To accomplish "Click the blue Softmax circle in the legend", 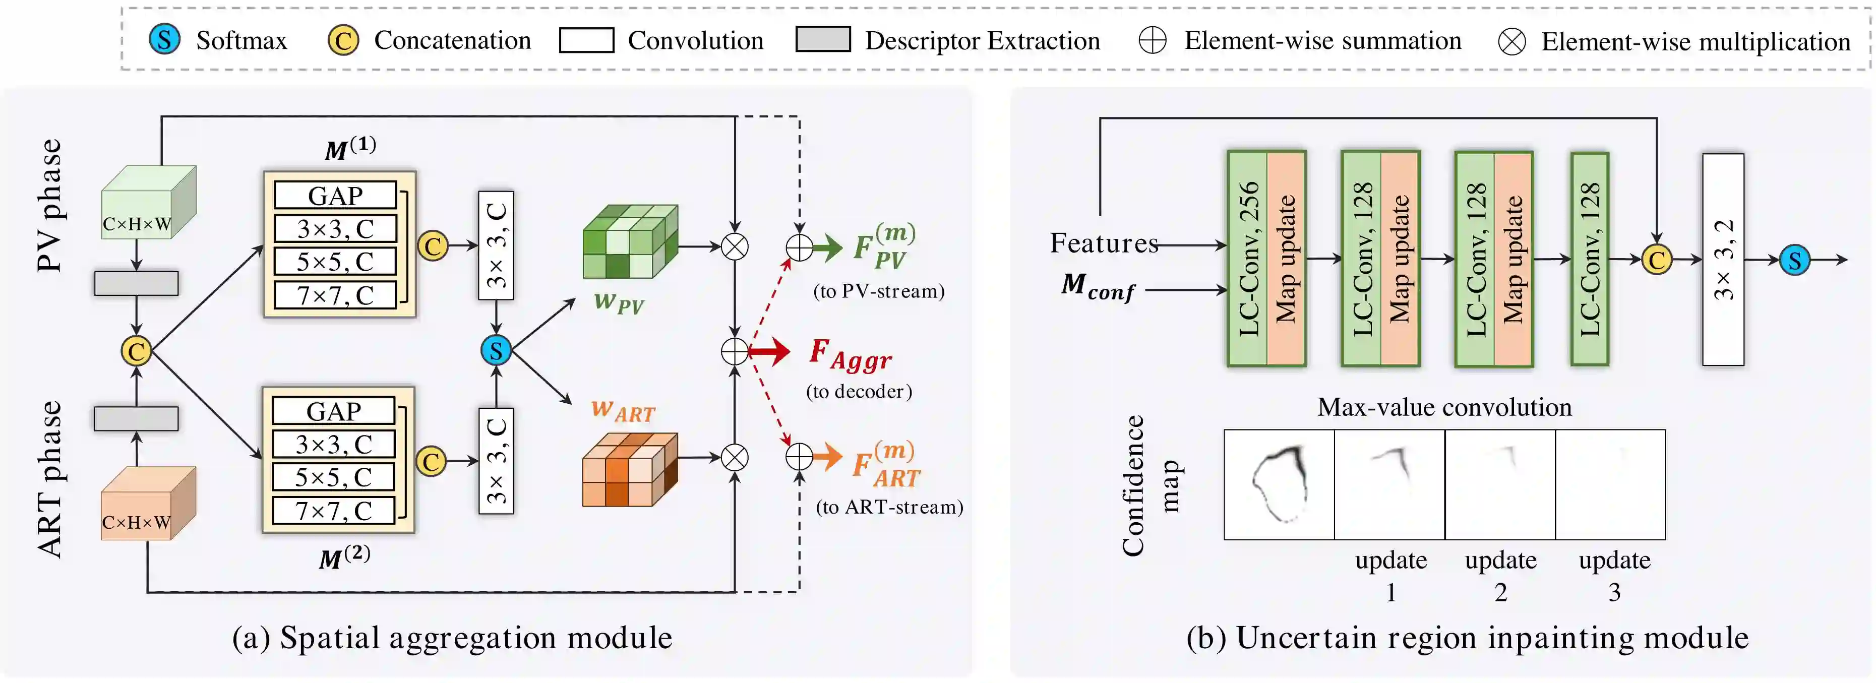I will [164, 39].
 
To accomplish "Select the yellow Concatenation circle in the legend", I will [343, 40].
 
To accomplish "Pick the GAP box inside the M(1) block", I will [335, 195].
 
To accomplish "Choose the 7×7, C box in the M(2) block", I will [334, 511].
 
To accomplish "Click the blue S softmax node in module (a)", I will [496, 350].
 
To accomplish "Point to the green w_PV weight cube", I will [630, 242].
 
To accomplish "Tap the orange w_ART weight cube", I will [629, 470].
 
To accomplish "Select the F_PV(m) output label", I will [883, 247].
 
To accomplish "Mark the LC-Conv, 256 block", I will [1247, 259].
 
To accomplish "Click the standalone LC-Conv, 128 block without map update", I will [1589, 259].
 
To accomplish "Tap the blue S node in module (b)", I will [1794, 260].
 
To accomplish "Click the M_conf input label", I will [1097, 286].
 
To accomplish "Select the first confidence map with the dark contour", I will [1279, 484].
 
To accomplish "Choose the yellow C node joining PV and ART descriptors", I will [136, 351].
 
